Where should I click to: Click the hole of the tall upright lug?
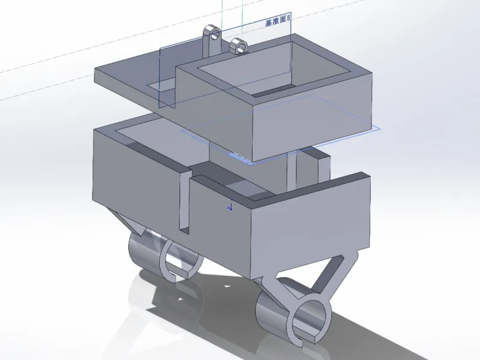pos(215,35)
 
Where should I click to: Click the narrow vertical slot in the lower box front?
pos(185,203)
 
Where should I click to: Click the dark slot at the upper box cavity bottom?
pos(271,91)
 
